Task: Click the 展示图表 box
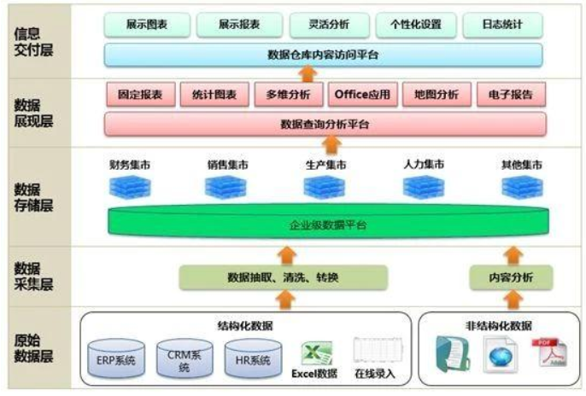pos(146,25)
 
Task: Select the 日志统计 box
pos(504,25)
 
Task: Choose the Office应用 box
pos(362,94)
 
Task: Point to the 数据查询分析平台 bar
pos(325,124)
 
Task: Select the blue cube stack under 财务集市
pos(130,187)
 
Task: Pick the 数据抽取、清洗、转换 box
pos(282,277)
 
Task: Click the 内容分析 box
pos(511,277)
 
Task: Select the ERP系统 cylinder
pos(116,358)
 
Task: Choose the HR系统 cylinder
pos(253,358)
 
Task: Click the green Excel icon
pos(315,352)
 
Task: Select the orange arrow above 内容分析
pos(513,254)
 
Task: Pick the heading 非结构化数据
pos(499,324)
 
